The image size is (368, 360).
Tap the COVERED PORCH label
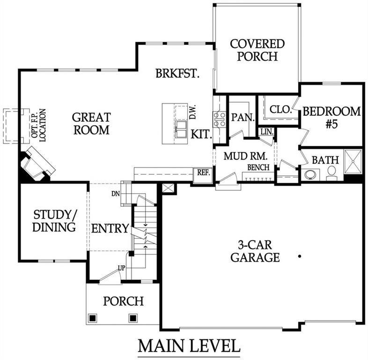pyautogui.click(x=257, y=50)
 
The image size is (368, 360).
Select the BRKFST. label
pyautogui.click(x=178, y=74)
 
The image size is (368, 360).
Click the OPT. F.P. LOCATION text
pyautogui.click(x=39, y=126)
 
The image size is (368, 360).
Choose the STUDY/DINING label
pyautogui.click(x=54, y=221)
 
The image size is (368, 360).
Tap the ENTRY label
pyautogui.click(x=110, y=229)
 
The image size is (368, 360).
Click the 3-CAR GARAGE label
pyautogui.click(x=255, y=251)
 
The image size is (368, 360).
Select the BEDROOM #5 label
pyautogui.click(x=331, y=118)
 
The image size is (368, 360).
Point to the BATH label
pyautogui.click(x=325, y=160)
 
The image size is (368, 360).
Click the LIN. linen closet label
pyautogui.click(x=266, y=132)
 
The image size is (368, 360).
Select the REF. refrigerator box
pyautogui.click(x=203, y=172)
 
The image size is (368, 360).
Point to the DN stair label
pyautogui.click(x=116, y=193)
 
